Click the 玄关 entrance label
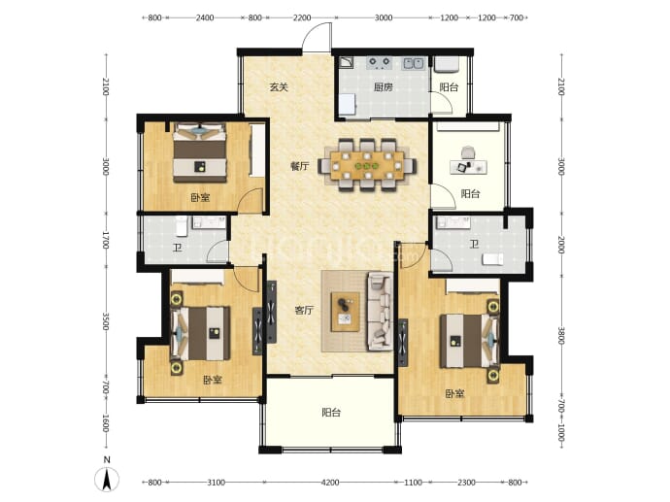tap(279, 87)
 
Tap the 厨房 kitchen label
tap(383, 87)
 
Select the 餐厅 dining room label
tap(300, 166)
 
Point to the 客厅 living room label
tap(304, 310)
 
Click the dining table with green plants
tap(367, 165)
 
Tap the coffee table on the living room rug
tap(346, 312)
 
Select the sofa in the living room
tap(381, 312)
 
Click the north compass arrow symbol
tap(107, 480)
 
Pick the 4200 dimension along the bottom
tap(330, 483)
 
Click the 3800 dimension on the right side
tap(561, 336)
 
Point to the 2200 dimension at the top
tap(302, 17)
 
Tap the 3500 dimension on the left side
tap(106, 321)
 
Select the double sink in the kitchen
tap(413, 63)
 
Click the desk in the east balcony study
tap(469, 167)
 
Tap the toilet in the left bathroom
tap(182, 226)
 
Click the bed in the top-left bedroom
tap(200, 153)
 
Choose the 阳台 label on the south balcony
tap(331, 413)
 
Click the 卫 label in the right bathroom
tap(474, 245)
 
